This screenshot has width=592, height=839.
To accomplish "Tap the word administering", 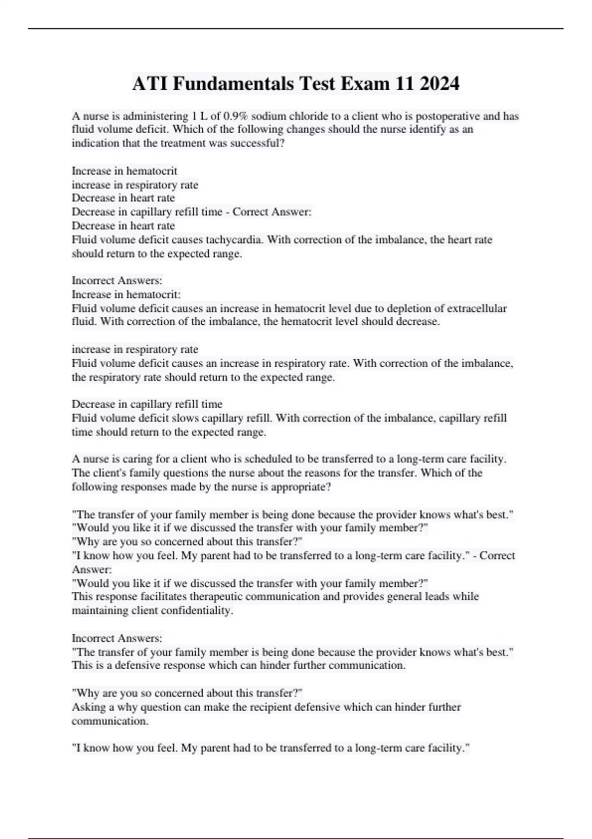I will [156, 116].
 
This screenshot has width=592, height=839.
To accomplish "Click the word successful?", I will [258, 144].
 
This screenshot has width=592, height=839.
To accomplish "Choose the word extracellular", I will [477, 308].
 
